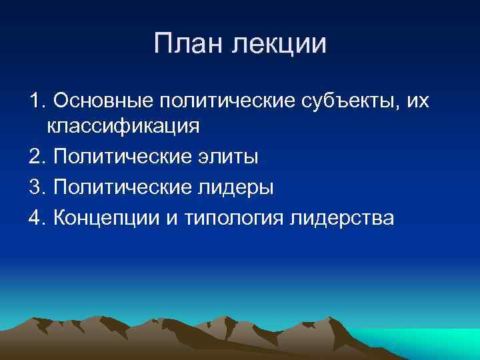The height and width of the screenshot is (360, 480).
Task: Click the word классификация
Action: click(122, 126)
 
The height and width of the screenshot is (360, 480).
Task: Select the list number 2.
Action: click(37, 157)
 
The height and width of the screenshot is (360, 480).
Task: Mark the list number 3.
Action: click(37, 187)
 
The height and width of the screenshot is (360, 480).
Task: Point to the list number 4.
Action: click(37, 218)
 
